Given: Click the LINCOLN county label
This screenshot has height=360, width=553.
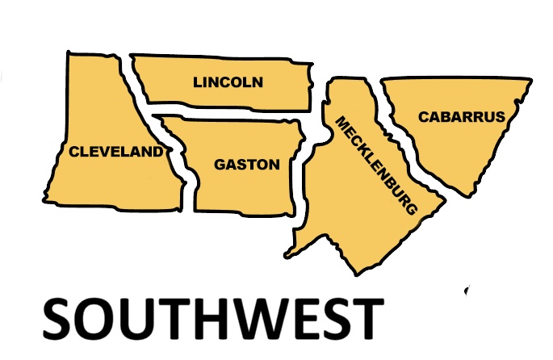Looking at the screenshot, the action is (x=228, y=82).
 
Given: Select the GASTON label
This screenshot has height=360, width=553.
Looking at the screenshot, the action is (x=246, y=165).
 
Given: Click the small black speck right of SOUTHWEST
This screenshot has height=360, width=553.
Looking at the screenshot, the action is (x=467, y=290).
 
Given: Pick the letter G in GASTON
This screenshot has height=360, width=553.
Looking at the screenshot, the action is (x=219, y=165).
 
